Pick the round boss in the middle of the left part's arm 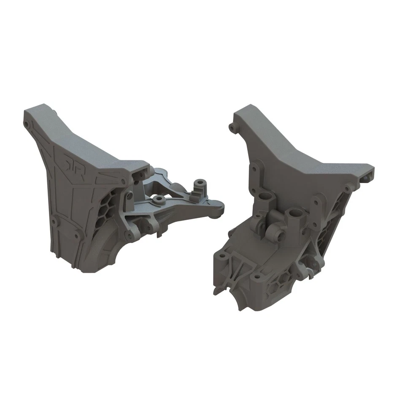coord(159,199)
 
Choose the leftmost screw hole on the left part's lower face coord(54,220)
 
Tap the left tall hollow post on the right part coord(265,198)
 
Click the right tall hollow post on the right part coord(294,215)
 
